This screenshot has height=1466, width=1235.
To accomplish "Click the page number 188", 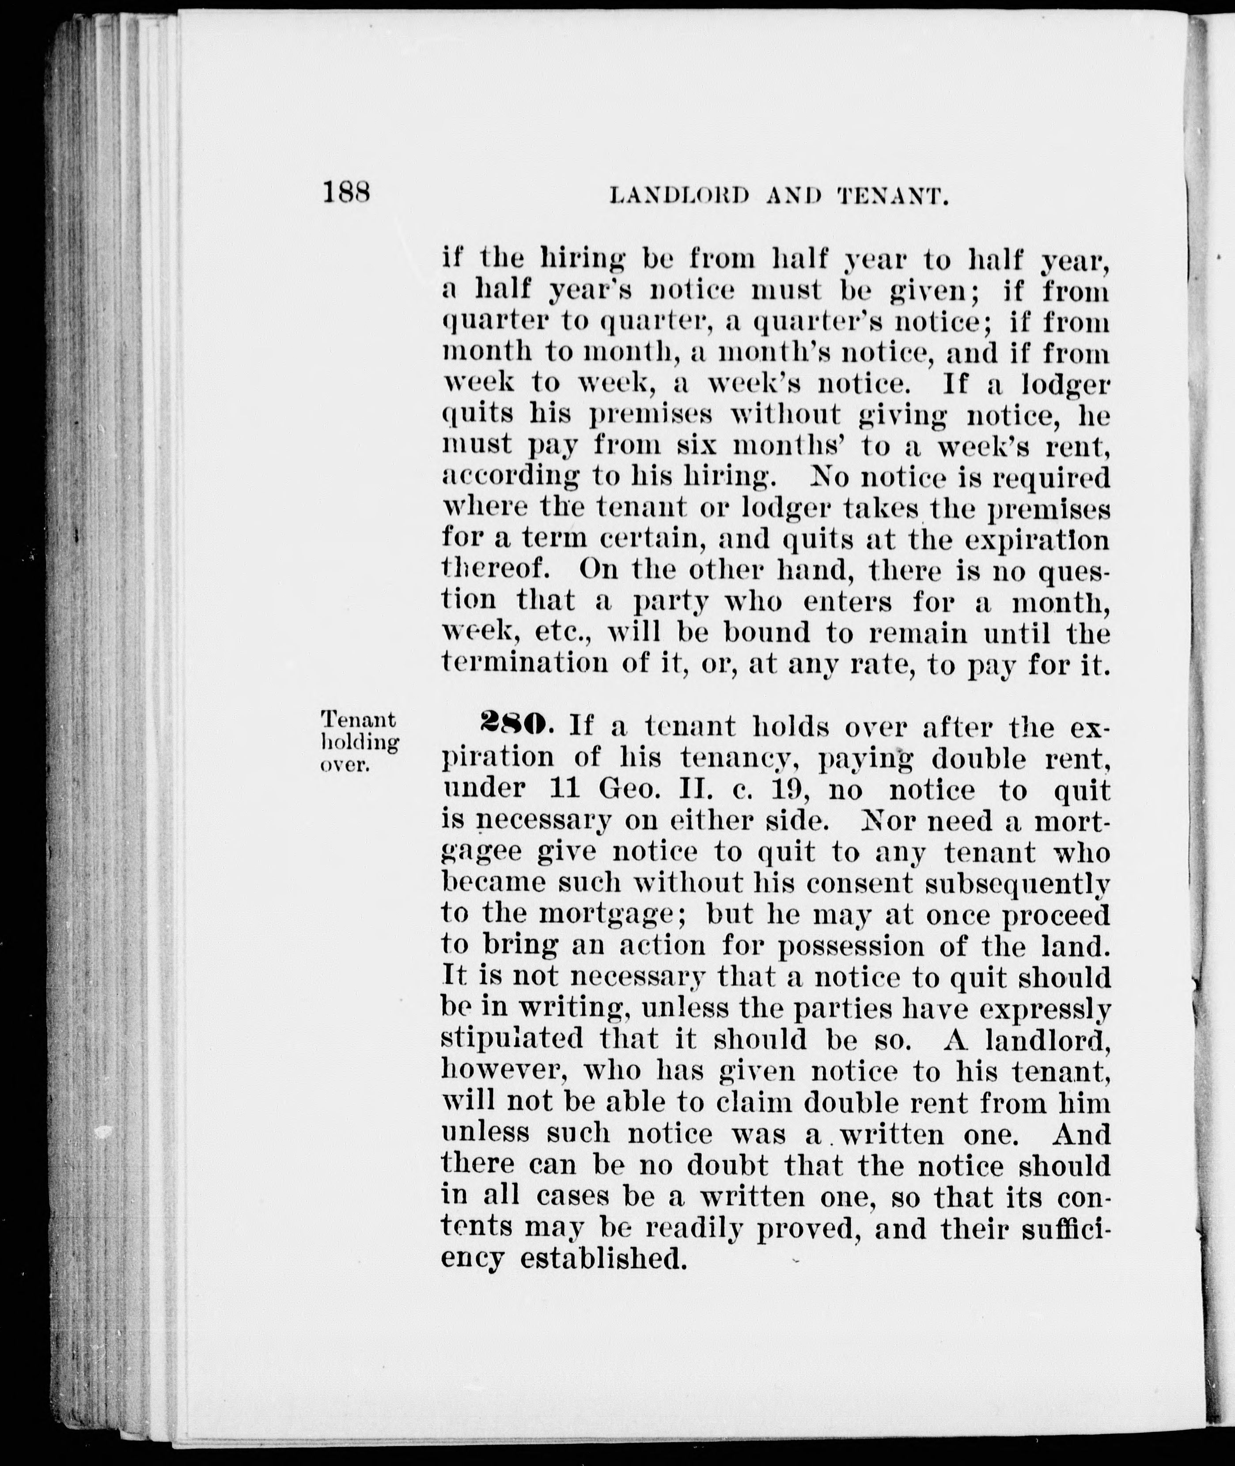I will (346, 192).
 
